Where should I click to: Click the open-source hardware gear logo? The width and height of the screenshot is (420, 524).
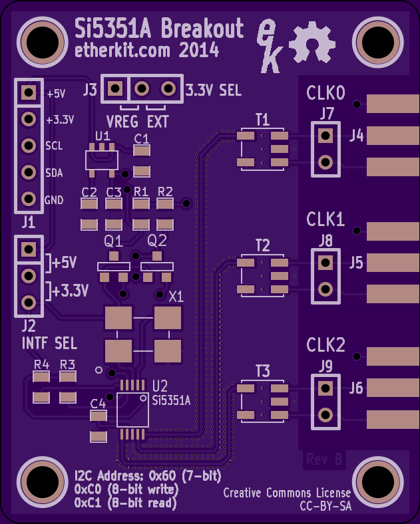tap(312, 42)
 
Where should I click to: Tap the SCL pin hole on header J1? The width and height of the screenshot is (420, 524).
tap(29, 146)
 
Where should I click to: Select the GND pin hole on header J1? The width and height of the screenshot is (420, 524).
tap(29, 199)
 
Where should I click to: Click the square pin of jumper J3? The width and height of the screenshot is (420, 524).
tap(115, 88)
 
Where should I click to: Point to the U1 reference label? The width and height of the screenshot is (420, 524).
tap(103, 136)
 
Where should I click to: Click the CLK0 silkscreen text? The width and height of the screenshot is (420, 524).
tap(325, 93)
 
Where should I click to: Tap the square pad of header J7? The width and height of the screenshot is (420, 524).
tap(325, 136)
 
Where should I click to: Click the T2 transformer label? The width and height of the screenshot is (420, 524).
tap(262, 245)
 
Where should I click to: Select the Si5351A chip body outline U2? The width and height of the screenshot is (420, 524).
tap(132, 410)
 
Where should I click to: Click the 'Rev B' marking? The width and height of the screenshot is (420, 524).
tap(324, 459)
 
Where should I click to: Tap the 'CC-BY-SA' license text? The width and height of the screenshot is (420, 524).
tap(325, 506)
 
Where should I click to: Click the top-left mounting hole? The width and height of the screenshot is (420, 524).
tap(43, 43)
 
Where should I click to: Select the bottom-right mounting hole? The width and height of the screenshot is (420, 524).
tap(378, 482)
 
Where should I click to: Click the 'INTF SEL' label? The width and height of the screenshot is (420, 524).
tap(49, 343)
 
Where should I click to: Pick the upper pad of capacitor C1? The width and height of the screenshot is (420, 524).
tap(142, 151)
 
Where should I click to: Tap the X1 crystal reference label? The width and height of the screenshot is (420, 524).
tap(176, 297)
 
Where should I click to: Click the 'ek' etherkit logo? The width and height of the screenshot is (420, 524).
tap(269, 46)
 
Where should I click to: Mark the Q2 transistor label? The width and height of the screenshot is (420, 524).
tap(157, 241)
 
